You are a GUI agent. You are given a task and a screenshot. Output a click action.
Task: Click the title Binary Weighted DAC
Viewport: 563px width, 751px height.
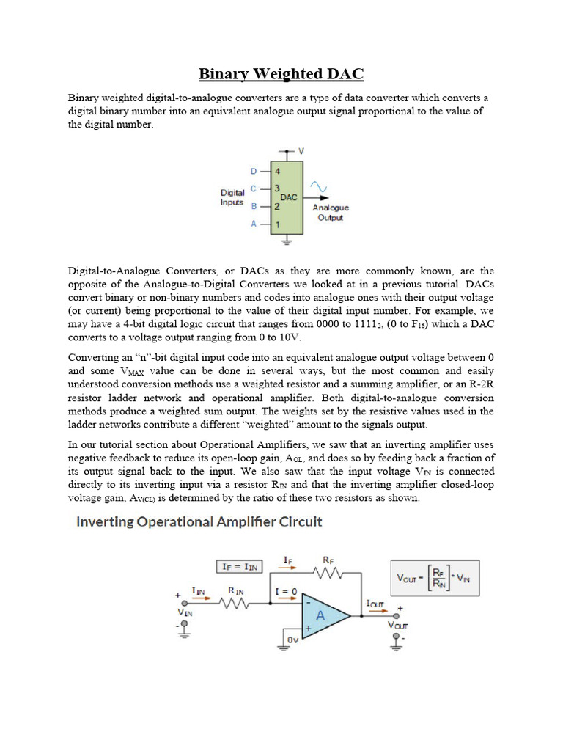coord(281,74)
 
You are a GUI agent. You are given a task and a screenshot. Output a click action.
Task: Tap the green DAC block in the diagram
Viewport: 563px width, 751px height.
coord(288,197)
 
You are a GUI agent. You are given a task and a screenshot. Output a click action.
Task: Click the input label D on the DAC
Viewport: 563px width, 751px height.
coord(254,171)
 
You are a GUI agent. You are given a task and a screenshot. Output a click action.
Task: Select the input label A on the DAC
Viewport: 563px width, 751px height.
coord(254,224)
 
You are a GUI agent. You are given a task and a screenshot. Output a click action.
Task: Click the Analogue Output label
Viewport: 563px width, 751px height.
coord(331,213)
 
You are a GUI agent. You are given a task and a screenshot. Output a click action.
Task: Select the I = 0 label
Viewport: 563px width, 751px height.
coord(285,591)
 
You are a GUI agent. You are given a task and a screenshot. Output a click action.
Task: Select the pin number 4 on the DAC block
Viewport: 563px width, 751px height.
coord(278,171)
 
